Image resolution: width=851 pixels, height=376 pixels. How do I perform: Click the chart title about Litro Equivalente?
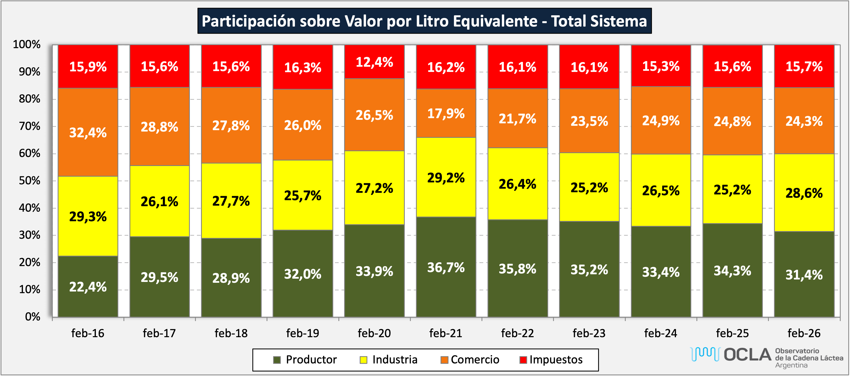[x=424, y=21]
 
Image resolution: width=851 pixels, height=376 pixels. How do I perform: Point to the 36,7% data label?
[x=446, y=267]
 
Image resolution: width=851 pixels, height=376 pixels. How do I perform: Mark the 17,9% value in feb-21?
[x=446, y=114]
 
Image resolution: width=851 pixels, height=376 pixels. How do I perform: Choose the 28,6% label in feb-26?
[x=804, y=193]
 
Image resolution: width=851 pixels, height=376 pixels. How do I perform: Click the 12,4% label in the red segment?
[x=374, y=62]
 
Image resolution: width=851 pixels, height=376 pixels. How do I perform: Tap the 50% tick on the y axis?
[x=29, y=181]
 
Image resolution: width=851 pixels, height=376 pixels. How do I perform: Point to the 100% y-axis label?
[x=26, y=45]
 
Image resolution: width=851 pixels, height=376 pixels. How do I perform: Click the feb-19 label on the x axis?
[x=303, y=333]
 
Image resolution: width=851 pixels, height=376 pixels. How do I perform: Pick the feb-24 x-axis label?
[x=661, y=333]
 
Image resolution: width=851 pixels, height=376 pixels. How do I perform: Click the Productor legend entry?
[x=311, y=360]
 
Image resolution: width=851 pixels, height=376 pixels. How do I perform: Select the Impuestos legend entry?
[x=556, y=360]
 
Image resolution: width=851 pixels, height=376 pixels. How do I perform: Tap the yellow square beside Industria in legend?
[x=364, y=360]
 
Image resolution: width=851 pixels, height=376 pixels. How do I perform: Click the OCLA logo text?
[x=747, y=355]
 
